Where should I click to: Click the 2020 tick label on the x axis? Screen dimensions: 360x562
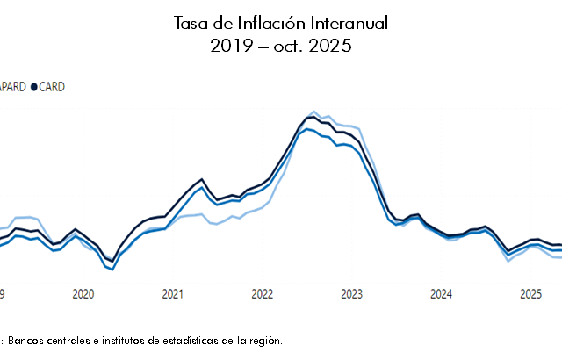point(83,293)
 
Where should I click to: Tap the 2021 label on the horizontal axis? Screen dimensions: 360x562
point(173,293)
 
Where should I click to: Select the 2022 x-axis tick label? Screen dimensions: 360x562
point(263,293)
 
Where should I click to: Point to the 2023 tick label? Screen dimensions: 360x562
point(352,293)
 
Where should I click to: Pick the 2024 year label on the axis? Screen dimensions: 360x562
point(442,293)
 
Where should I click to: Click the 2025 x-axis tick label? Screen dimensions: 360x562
point(531,293)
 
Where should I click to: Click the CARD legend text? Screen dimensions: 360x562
point(52,87)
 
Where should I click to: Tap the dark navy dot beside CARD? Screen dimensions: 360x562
point(34,87)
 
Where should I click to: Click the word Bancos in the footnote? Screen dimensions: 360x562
point(25,341)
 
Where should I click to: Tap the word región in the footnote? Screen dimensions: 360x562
point(266,341)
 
